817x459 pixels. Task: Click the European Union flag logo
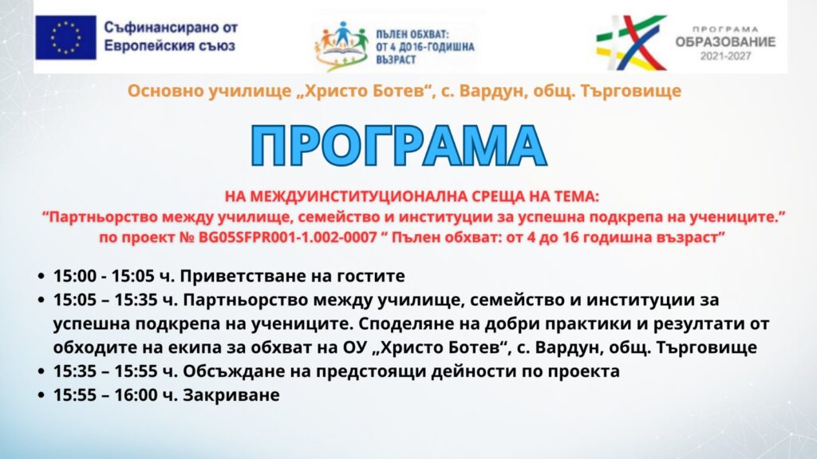coord(65,37)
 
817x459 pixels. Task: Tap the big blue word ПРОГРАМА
coord(399,147)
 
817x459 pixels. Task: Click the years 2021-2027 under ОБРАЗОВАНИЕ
coord(725,57)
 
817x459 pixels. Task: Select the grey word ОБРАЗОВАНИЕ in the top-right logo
coord(725,42)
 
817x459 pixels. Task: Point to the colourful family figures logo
coord(341,45)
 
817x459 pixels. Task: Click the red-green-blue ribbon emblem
coord(632,42)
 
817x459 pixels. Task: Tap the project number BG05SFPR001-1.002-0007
coord(287,237)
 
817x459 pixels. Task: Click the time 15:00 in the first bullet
coord(74,276)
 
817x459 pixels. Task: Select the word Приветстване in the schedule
coord(243,276)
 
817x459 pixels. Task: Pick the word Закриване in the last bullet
coord(231,395)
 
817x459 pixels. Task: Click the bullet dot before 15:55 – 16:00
coord(41,395)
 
